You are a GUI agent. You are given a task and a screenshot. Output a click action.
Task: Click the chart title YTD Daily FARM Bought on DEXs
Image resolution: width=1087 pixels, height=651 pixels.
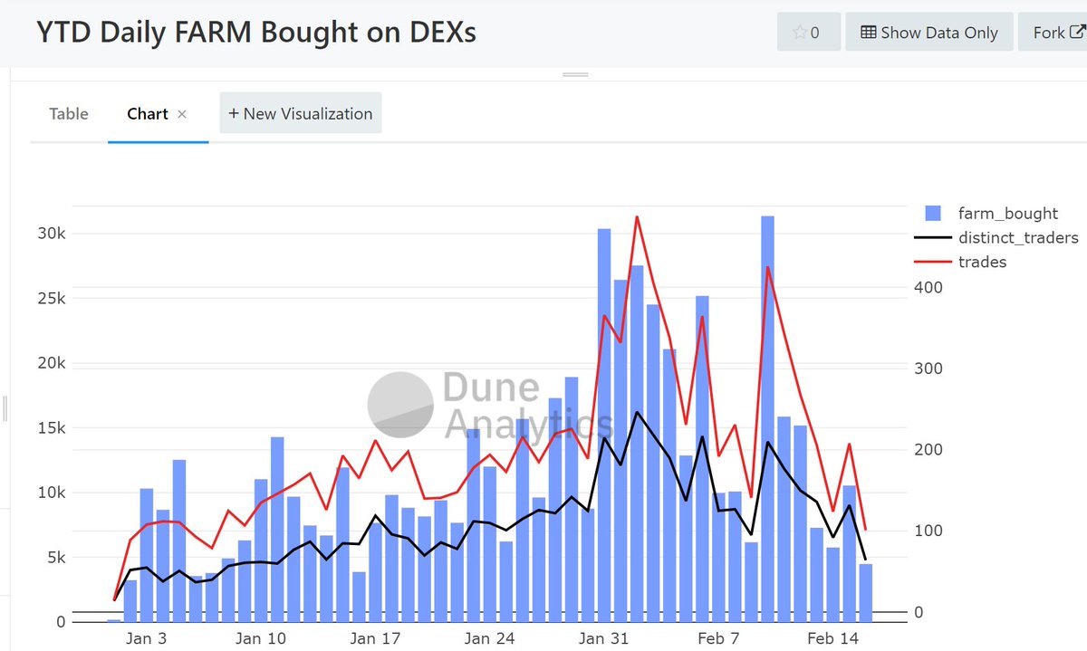click(x=255, y=32)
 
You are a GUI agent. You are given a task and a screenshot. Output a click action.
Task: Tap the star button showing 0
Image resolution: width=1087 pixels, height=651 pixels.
click(x=808, y=32)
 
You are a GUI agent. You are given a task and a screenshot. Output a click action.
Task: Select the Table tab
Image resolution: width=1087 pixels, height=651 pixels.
click(x=69, y=113)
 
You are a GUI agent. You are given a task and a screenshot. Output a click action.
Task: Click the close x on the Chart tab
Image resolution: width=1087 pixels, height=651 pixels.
click(x=182, y=114)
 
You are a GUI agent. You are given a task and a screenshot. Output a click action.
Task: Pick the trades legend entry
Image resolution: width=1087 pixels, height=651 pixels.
click(x=982, y=262)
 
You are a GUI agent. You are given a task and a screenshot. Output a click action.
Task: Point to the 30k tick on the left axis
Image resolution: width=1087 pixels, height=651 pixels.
click(x=51, y=234)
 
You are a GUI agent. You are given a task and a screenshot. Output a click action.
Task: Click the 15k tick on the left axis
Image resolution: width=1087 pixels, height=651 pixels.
click(x=51, y=427)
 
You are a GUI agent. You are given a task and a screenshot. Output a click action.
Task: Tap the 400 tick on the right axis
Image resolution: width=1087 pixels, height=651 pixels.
click(x=928, y=287)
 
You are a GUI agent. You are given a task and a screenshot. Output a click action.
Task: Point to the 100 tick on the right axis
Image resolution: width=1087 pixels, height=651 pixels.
click(x=928, y=531)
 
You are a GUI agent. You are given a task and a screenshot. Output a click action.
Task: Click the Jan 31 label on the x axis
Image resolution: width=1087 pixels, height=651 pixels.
click(x=604, y=638)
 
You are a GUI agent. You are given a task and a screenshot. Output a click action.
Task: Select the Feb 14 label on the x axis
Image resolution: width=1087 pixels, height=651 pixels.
click(x=832, y=638)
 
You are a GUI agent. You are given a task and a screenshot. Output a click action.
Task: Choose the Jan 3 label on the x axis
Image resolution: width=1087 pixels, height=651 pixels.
click(x=147, y=638)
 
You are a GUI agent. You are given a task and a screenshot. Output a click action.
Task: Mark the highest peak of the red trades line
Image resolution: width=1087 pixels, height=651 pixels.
click(x=637, y=217)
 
